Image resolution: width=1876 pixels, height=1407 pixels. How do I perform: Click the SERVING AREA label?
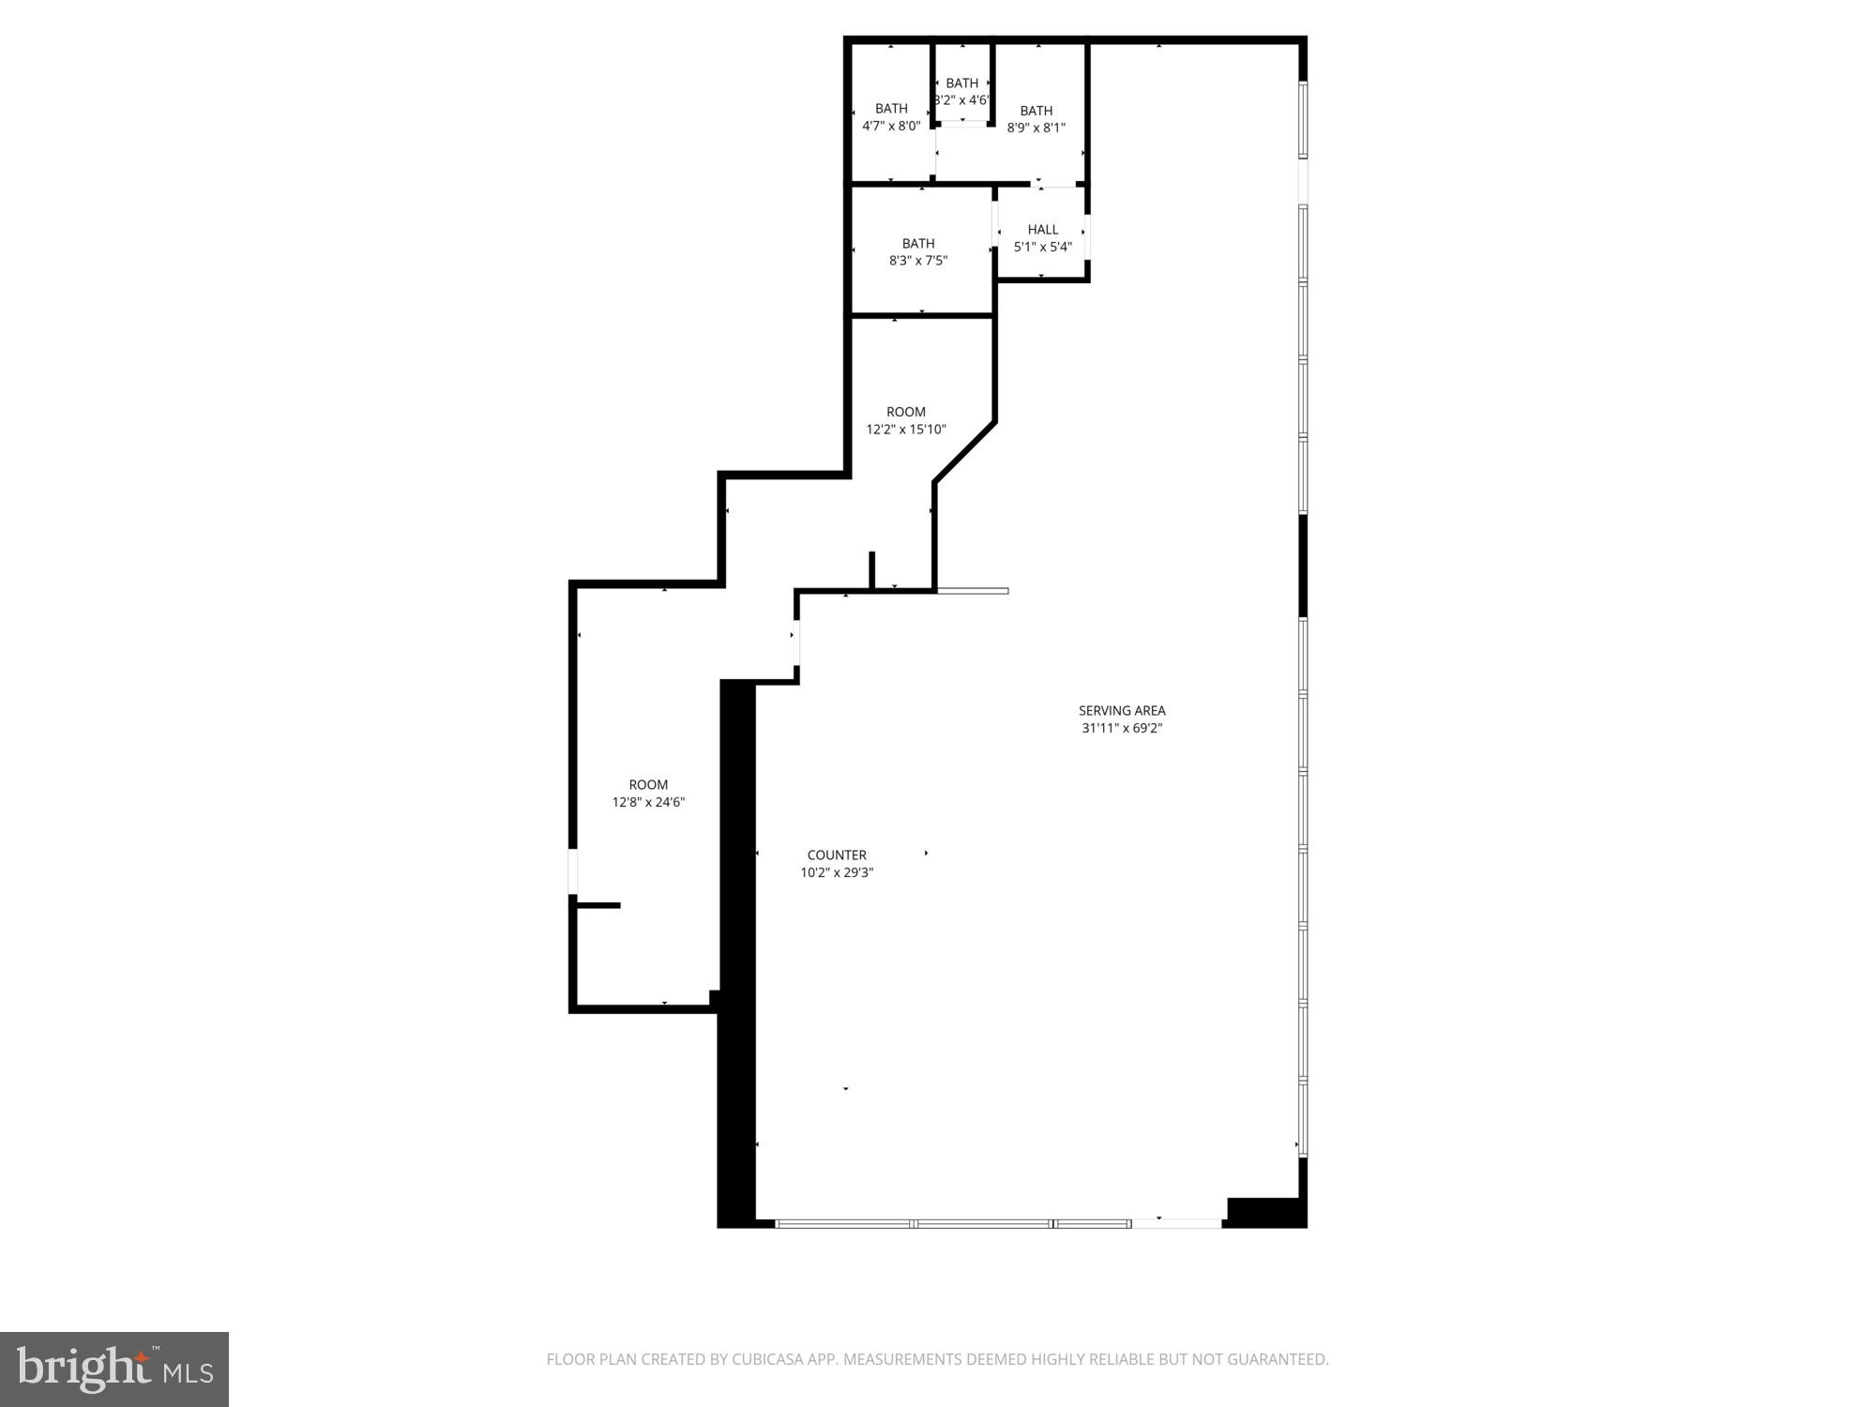[1121, 711]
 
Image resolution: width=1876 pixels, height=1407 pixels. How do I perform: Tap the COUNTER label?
[837, 855]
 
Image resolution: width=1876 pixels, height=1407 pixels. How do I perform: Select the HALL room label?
[1042, 230]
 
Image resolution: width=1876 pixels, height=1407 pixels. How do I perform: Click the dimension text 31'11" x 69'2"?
[1121, 728]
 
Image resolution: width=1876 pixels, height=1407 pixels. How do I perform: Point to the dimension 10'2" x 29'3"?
[837, 872]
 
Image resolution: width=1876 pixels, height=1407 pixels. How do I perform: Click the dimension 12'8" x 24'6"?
[648, 802]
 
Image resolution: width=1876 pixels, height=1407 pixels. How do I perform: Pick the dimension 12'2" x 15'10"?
[905, 430]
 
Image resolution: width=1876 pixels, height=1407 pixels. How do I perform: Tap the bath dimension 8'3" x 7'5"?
[917, 261]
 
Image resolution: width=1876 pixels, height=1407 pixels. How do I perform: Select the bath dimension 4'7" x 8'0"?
[890, 126]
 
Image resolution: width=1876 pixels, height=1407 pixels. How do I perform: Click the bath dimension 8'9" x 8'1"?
[1036, 128]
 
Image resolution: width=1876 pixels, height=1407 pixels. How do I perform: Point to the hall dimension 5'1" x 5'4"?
[1042, 248]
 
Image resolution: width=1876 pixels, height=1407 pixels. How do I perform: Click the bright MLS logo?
[114, 1369]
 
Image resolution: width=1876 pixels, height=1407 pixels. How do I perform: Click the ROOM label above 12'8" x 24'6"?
[648, 785]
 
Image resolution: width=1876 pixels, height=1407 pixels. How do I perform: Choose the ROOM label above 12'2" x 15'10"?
[905, 412]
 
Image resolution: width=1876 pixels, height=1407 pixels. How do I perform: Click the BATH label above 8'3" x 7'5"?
[917, 244]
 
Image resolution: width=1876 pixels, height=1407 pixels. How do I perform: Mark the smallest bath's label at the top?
[961, 83]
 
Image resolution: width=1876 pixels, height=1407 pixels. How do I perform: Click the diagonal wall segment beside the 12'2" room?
[964, 452]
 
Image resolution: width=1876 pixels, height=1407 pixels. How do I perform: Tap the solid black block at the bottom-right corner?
[1265, 1212]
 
